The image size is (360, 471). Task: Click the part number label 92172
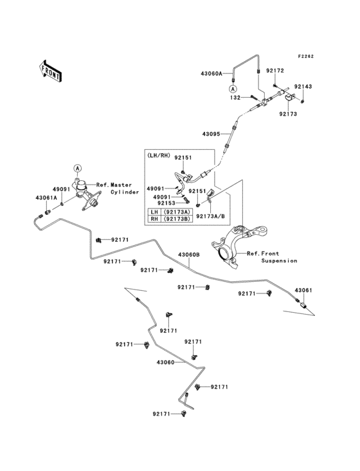coord(275,71)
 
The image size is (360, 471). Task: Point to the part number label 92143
coord(303,86)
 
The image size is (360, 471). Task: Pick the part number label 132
coord(236,97)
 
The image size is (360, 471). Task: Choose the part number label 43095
coord(212,134)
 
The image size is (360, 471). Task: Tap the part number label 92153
coord(165,203)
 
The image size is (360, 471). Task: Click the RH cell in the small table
coord(154,219)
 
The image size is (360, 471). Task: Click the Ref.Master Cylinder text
coord(118,188)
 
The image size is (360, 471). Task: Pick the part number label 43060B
coord(189,255)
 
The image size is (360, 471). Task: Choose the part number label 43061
coord(303,290)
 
